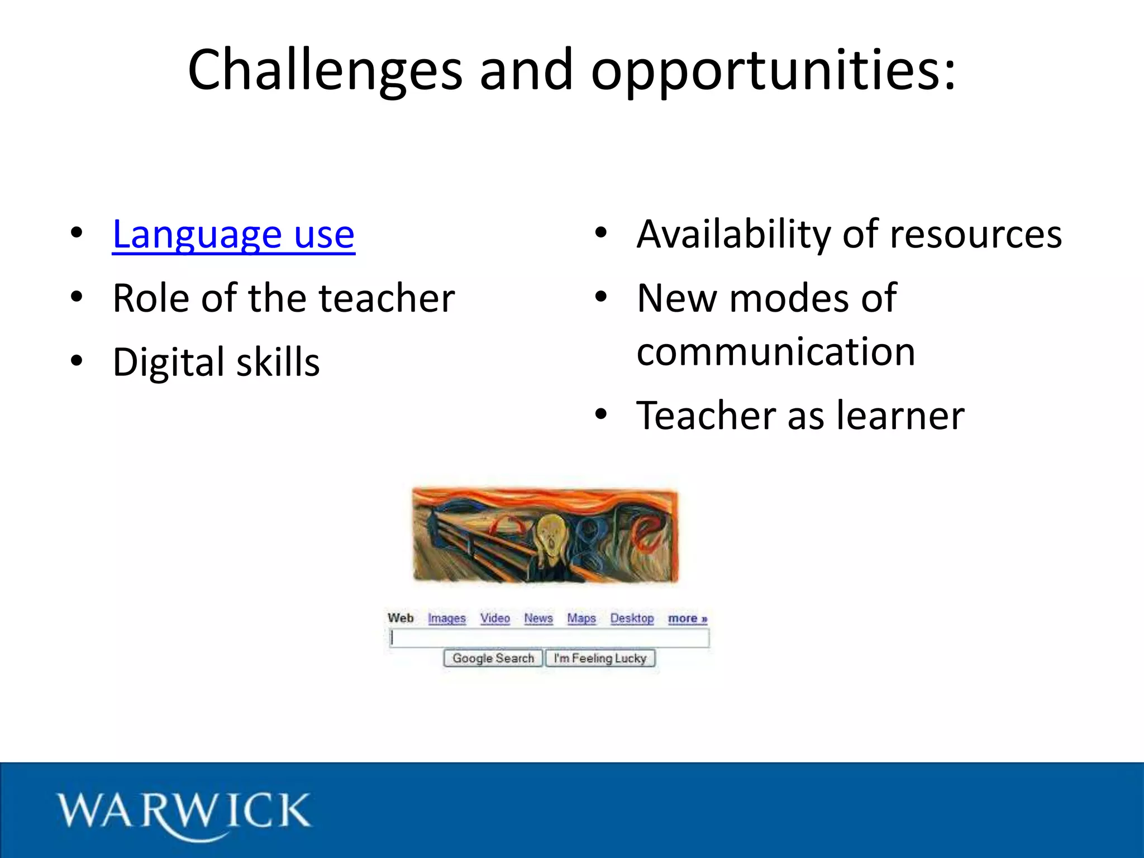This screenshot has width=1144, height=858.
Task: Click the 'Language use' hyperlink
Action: pyautogui.click(x=233, y=234)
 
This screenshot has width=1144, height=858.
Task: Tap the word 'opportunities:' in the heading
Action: pyautogui.click(x=774, y=70)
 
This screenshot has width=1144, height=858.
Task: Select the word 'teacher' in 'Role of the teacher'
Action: pyautogui.click(x=387, y=298)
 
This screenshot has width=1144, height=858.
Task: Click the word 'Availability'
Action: pyautogui.click(x=734, y=234)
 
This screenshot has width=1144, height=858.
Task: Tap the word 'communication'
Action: pyautogui.click(x=776, y=352)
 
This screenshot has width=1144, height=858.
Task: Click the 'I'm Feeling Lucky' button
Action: pyautogui.click(x=600, y=659)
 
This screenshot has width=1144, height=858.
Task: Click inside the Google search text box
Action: pyautogui.click(x=550, y=638)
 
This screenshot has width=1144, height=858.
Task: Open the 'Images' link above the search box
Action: pyautogui.click(x=447, y=618)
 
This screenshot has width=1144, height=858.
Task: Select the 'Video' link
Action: pyautogui.click(x=495, y=618)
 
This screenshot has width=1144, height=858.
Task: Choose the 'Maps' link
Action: pyautogui.click(x=581, y=618)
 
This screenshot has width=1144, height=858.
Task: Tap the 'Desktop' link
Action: pyautogui.click(x=632, y=618)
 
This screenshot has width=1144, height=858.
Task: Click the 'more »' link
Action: pyautogui.click(x=688, y=618)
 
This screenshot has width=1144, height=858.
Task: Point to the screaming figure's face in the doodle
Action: pyautogui.click(x=550, y=537)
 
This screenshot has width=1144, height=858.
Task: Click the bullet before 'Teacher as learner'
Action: pyautogui.click(x=600, y=414)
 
